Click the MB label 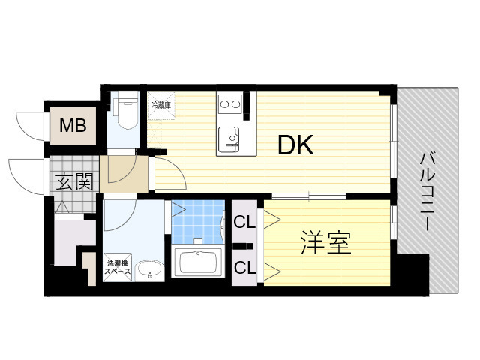click(73, 125)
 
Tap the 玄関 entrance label click(74, 181)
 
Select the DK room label click(295, 145)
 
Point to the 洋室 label click(326, 243)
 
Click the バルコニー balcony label click(427, 191)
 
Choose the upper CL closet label click(244, 222)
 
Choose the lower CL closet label click(244, 267)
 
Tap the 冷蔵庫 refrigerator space click(161, 105)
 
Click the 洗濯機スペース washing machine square click(118, 267)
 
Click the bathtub click(198, 262)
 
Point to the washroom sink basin click(149, 269)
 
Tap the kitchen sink click(229, 140)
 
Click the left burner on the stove click(224, 104)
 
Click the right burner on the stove click(235, 104)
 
